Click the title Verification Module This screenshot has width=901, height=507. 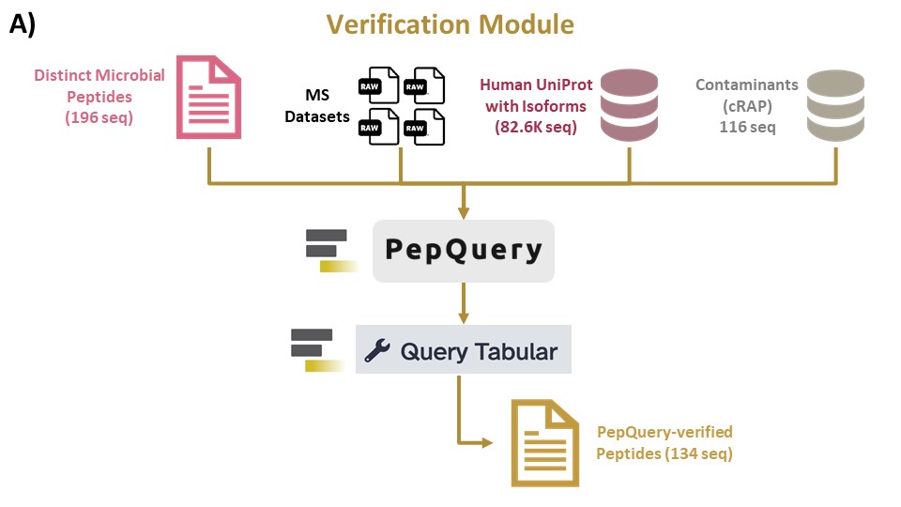point(450,24)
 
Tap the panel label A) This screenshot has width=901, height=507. point(23,24)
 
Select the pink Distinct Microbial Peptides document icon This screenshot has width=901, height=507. point(208,97)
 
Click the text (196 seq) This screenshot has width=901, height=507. point(99,118)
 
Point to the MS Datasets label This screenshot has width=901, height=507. point(317,106)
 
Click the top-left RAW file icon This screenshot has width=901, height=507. point(378,85)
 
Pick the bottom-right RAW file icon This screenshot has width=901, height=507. point(424,127)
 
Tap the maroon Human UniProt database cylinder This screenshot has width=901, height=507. point(629,105)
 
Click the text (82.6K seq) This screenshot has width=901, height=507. point(536,127)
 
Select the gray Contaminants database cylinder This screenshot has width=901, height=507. point(835,106)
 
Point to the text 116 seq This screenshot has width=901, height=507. point(747,127)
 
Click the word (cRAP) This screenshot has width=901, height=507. point(747,106)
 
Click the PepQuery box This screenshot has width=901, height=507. point(463,251)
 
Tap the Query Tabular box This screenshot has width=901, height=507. point(463,349)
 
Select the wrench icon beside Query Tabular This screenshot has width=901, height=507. point(377,350)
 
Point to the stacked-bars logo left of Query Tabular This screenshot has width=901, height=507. point(317,350)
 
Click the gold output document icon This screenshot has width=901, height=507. point(544,443)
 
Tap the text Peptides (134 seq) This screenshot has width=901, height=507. point(664,453)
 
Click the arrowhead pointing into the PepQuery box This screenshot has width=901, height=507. point(463,213)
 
